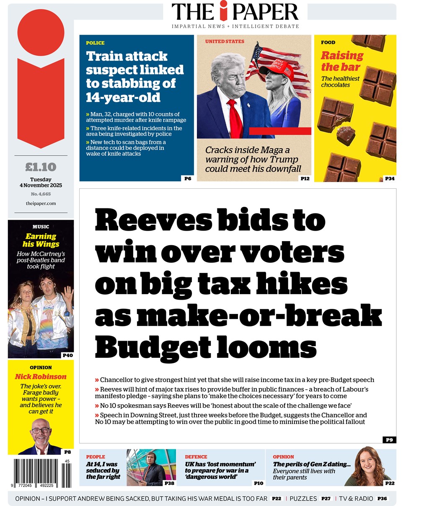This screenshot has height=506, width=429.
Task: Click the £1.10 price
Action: tap(41, 167)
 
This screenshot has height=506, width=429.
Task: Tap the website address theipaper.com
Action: tap(41, 203)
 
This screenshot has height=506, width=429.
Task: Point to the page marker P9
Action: tap(389, 439)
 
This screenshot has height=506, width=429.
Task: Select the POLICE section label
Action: tap(95, 43)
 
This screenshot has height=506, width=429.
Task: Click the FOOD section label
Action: tap(328, 42)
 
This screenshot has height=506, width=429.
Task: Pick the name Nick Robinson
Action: tap(41, 376)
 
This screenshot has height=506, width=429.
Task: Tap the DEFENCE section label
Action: tap(196, 457)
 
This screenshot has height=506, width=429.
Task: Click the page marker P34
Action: tap(390, 179)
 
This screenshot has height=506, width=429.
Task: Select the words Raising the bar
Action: tap(341, 61)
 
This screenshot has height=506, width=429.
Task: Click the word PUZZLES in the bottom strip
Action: tap(303, 498)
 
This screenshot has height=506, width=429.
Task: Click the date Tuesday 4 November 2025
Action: tap(41, 182)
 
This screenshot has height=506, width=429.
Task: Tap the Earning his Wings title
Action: tap(41, 240)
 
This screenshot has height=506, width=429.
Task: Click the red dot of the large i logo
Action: tap(41, 32)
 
